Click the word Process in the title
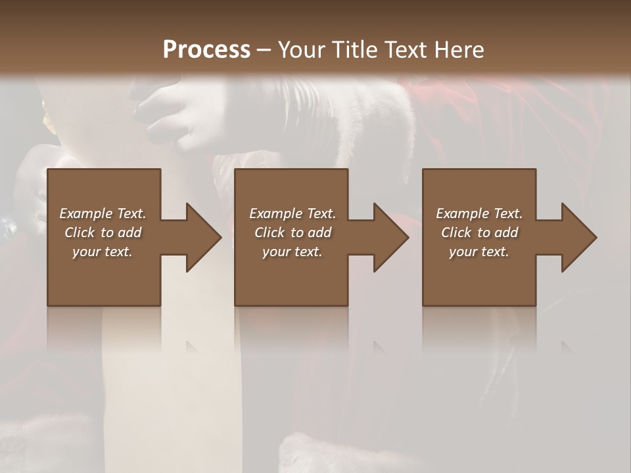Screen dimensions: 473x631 point(206,50)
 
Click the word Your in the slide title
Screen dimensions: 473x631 point(303,50)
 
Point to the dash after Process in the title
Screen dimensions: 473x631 point(264,50)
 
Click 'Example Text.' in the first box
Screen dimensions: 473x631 point(103,214)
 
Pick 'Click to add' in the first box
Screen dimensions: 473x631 point(103,233)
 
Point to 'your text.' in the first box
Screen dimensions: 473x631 point(103,252)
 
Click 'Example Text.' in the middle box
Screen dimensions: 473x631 point(292,214)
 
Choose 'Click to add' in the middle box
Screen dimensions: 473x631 point(292,233)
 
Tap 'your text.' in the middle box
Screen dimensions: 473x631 point(292,252)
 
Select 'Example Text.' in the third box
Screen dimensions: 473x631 point(479,214)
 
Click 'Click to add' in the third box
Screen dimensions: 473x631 point(479,233)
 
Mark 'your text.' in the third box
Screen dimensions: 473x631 point(479,252)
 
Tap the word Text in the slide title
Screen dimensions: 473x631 point(404,50)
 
